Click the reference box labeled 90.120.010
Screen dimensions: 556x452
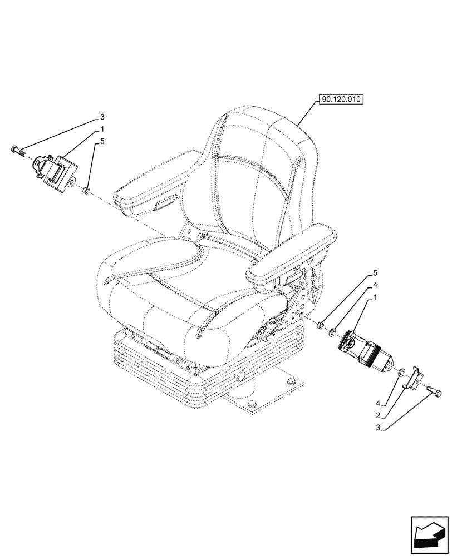click(x=341, y=100)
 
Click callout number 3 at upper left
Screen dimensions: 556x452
click(x=102, y=117)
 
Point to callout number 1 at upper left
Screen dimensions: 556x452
click(x=102, y=129)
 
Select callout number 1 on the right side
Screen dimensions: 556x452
click(x=375, y=299)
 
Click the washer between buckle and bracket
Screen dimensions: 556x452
click(x=402, y=371)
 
